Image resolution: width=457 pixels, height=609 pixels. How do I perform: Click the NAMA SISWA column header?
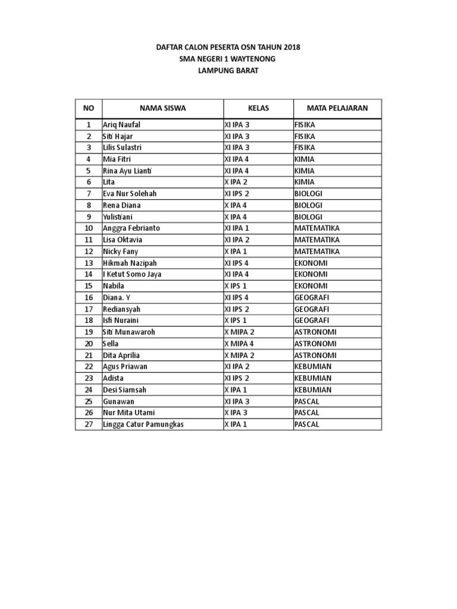(162, 108)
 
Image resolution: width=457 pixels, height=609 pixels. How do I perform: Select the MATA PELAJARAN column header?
(337, 108)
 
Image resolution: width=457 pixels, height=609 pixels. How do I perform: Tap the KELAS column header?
(258, 108)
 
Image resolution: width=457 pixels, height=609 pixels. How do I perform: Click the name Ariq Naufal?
(122, 125)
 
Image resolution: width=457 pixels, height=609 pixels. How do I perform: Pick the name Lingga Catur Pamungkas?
(143, 424)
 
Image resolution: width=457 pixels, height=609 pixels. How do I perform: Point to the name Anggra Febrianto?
(131, 228)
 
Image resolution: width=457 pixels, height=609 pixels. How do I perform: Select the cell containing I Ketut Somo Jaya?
(132, 274)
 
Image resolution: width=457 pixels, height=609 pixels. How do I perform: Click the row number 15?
(89, 286)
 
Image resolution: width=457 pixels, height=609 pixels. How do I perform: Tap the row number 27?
(89, 424)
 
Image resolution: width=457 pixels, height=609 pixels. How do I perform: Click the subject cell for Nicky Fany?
(317, 252)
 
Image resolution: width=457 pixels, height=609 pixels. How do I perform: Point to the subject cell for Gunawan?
(307, 401)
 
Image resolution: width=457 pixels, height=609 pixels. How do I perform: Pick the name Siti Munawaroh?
(129, 332)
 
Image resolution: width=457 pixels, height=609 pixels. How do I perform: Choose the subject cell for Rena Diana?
(308, 205)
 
